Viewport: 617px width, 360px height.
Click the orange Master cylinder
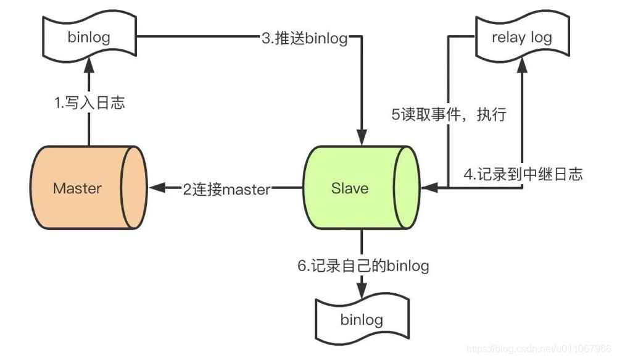click(x=77, y=188)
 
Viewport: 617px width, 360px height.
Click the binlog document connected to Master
click(x=89, y=38)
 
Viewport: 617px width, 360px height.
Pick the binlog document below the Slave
click(x=362, y=319)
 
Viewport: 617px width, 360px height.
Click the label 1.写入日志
click(x=89, y=103)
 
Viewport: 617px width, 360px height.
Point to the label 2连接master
click(x=226, y=190)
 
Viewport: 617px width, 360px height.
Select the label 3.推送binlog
click(x=304, y=38)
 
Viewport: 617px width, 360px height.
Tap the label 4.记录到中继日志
click(x=523, y=174)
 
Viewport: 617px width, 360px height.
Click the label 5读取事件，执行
click(x=449, y=115)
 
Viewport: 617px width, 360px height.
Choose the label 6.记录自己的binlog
click(x=363, y=266)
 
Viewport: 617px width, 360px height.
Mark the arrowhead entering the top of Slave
click(x=362, y=137)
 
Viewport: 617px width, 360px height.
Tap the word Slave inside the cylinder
click(x=349, y=188)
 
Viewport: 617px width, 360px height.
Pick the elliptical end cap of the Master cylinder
click(x=132, y=188)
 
